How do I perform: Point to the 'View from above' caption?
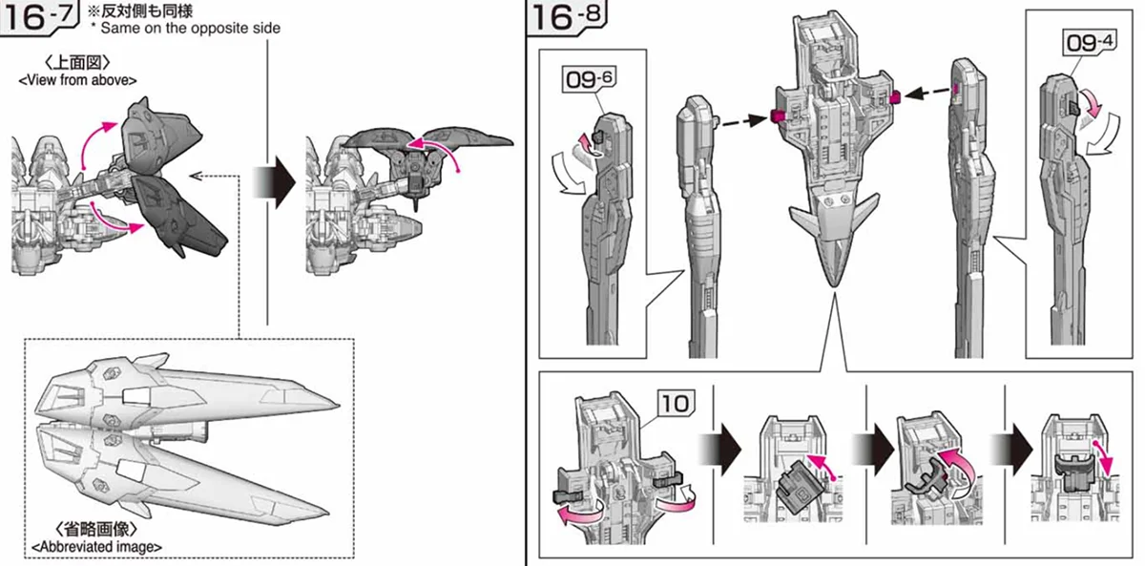77,80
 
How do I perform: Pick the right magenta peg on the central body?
895,96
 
